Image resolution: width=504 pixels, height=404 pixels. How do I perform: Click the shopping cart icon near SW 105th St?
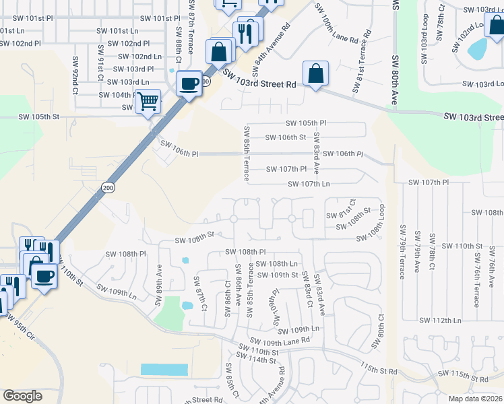[x=148, y=101]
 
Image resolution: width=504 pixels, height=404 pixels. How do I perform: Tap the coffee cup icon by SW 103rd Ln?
[x=188, y=83]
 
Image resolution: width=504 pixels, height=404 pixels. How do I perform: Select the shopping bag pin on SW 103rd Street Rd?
[x=315, y=73]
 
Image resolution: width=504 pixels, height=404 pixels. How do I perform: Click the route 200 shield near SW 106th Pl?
[x=108, y=187]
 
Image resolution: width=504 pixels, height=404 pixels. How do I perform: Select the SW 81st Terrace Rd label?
[x=362, y=61]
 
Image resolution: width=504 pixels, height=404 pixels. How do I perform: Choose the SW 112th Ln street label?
[x=439, y=320]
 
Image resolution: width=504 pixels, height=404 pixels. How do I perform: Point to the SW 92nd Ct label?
[x=75, y=71]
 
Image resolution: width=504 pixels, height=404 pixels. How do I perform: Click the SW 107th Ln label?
[x=309, y=184]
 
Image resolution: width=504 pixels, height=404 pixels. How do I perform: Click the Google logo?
[x=23, y=396]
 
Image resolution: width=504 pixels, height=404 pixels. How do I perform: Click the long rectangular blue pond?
[x=164, y=370]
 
